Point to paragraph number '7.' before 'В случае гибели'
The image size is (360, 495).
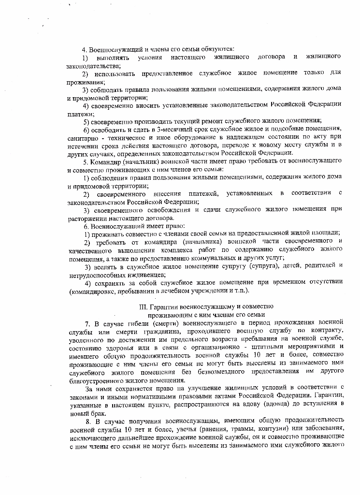tap(87, 322)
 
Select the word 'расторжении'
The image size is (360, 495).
tap(88, 217)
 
